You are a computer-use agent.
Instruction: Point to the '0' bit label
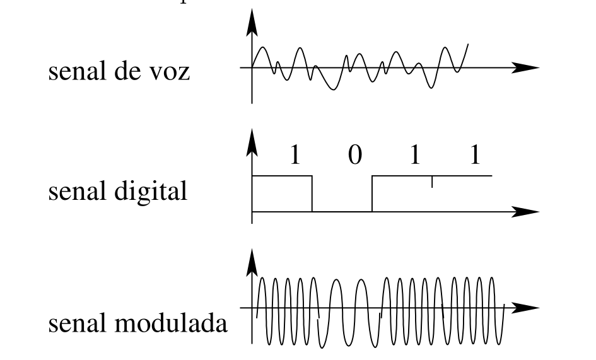pos(354,155)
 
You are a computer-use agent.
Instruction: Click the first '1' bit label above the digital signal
pos(295,155)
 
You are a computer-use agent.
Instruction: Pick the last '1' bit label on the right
pos(475,155)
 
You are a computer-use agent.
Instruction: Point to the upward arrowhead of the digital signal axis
pos(252,141)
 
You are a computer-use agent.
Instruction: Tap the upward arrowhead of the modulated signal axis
pos(252,262)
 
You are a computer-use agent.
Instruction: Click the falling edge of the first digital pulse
pos(312,194)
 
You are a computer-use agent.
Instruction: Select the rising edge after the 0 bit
pos(372,194)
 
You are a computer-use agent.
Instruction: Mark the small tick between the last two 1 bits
pos(432,182)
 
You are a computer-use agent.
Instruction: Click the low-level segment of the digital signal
pos(342,212)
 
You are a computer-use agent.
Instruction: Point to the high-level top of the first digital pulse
pos(282,176)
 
